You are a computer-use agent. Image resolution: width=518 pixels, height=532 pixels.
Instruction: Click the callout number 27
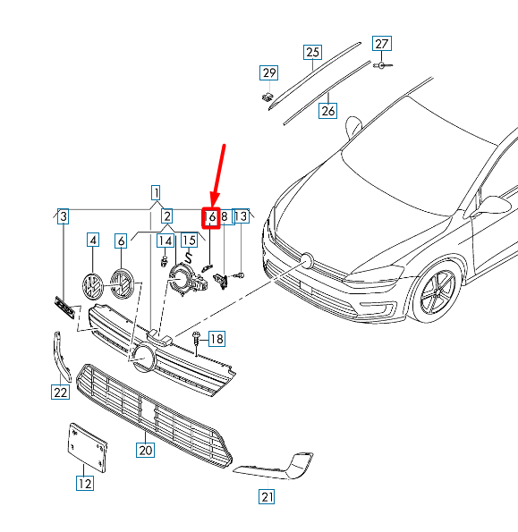(382, 44)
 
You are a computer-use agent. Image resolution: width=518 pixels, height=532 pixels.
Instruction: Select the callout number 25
(312, 52)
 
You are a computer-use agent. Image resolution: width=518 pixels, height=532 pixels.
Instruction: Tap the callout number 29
(269, 73)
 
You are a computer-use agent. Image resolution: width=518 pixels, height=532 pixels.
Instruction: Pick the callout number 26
(328, 111)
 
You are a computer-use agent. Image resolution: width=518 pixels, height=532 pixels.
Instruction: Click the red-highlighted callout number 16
(211, 217)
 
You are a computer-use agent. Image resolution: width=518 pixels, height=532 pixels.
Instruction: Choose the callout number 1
(156, 193)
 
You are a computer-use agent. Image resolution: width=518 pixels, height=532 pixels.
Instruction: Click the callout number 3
(64, 216)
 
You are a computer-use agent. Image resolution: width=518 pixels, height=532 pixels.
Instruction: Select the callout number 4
(93, 241)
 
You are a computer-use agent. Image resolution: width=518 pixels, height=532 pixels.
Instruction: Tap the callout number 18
(217, 339)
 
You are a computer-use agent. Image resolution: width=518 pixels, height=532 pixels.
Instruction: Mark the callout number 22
(61, 392)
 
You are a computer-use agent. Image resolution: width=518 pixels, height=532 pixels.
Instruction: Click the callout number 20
(146, 450)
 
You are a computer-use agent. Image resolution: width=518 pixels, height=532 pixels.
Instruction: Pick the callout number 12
(85, 483)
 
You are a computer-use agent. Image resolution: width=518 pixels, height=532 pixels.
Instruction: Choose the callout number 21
(267, 497)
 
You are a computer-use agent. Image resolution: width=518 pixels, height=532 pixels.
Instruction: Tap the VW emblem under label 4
(92, 286)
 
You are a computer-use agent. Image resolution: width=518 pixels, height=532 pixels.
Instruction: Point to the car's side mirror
(492, 206)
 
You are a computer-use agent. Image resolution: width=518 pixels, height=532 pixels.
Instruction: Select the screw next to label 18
(196, 342)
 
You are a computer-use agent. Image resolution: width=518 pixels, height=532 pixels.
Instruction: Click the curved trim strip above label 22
(63, 356)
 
